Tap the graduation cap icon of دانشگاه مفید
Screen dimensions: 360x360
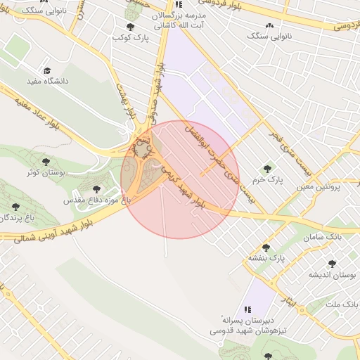(x=47, y=71)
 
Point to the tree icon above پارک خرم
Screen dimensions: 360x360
(x=267, y=168)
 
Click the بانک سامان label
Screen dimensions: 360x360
(x=323, y=238)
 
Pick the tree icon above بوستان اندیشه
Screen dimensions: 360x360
(x=333, y=263)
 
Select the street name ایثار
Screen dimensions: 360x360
(x=290, y=306)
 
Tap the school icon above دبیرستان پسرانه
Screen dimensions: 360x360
(x=247, y=309)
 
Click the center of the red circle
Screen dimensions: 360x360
(x=180, y=179)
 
